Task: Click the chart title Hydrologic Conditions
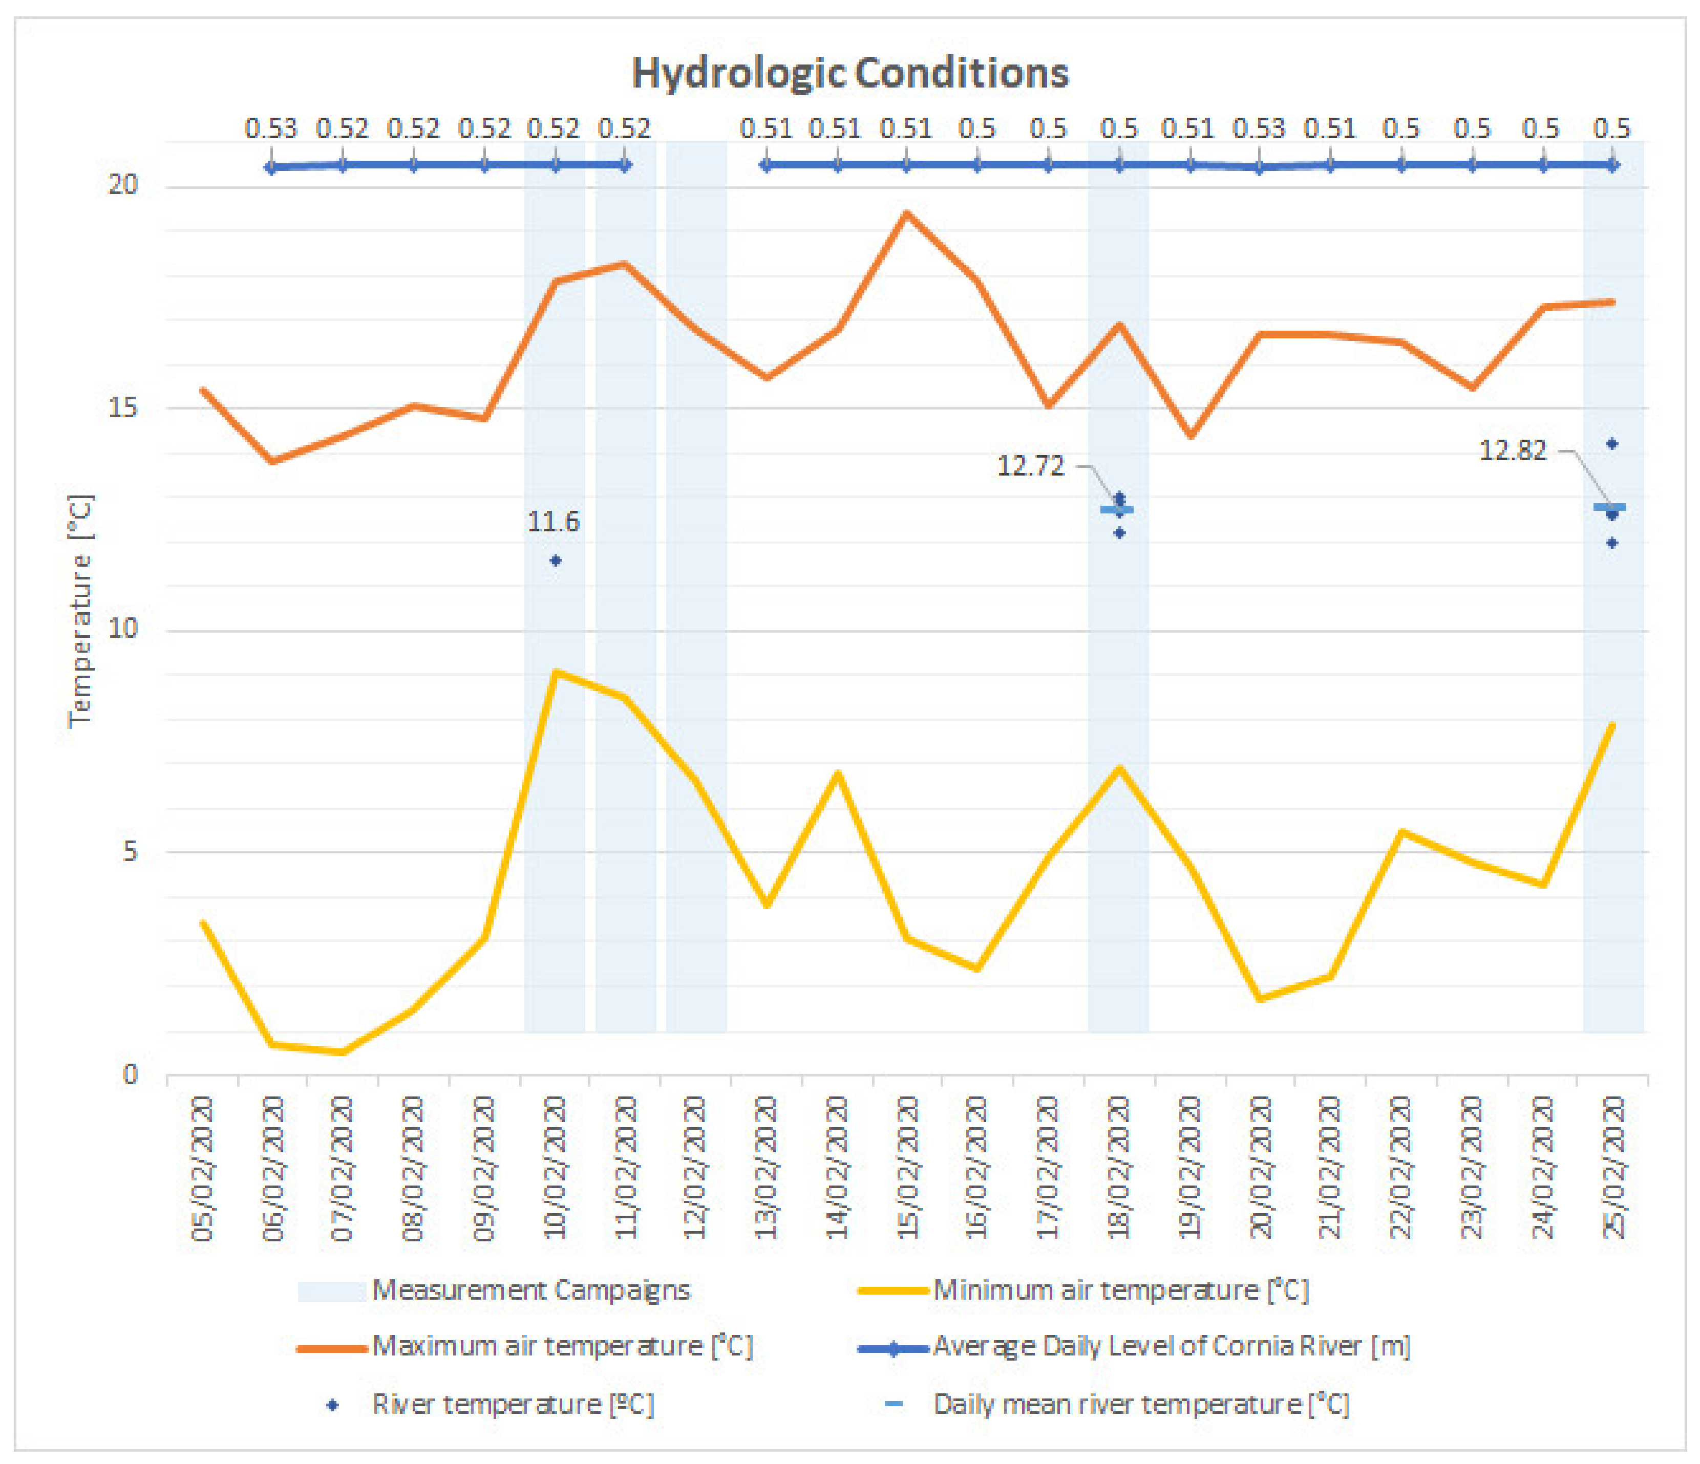click(850, 74)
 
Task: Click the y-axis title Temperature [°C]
click(80, 611)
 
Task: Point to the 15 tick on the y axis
click(123, 407)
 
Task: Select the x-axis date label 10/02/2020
click(556, 1169)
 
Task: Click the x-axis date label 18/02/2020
click(1119, 1169)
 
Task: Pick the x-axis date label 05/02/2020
click(203, 1169)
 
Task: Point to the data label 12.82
click(1512, 450)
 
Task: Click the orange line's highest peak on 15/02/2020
click(907, 213)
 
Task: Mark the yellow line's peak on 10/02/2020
click(556, 673)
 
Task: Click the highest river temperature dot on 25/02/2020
click(1612, 444)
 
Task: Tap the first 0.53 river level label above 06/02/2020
click(271, 129)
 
